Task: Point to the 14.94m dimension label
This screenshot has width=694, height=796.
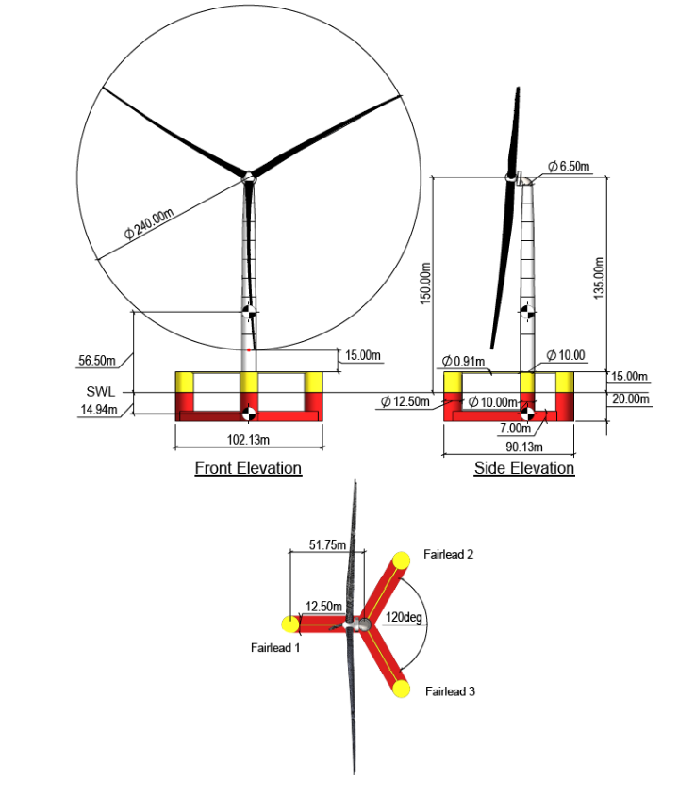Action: (96, 409)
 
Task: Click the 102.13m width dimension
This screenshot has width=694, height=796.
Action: (248, 440)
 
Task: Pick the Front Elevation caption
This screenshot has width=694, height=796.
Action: (248, 468)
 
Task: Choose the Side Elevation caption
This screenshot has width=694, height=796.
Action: (524, 468)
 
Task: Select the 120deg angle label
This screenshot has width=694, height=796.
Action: (403, 618)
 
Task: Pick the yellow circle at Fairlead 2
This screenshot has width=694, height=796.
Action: (402, 560)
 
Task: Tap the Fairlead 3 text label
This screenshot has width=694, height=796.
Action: (450, 691)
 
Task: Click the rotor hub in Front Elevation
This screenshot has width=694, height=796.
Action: (248, 176)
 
